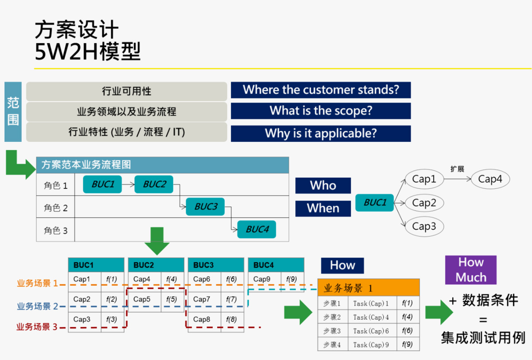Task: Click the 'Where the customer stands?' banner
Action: point(321,90)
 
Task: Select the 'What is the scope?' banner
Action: point(321,111)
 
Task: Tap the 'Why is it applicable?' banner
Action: point(321,133)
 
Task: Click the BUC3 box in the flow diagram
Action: point(205,207)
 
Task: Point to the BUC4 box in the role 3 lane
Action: point(257,229)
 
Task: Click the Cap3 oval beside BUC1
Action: point(424,227)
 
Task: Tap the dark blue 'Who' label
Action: point(323,185)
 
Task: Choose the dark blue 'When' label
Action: point(323,208)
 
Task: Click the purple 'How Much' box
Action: point(471,270)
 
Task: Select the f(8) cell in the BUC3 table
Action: point(231,319)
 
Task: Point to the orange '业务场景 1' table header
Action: point(368,288)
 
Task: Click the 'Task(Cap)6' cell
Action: point(372,331)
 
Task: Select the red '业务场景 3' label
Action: point(37,328)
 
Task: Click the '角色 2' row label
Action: point(55,208)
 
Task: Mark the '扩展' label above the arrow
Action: point(457,169)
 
